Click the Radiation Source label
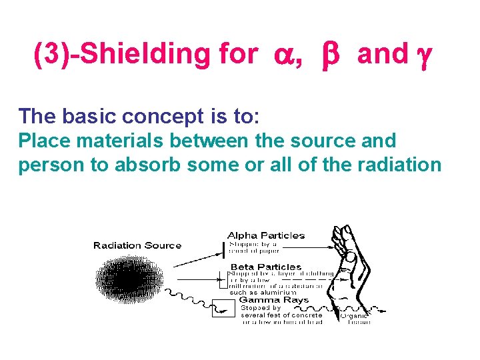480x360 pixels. click(137, 245)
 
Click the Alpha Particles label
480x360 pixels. click(266, 235)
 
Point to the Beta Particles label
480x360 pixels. click(266, 267)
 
